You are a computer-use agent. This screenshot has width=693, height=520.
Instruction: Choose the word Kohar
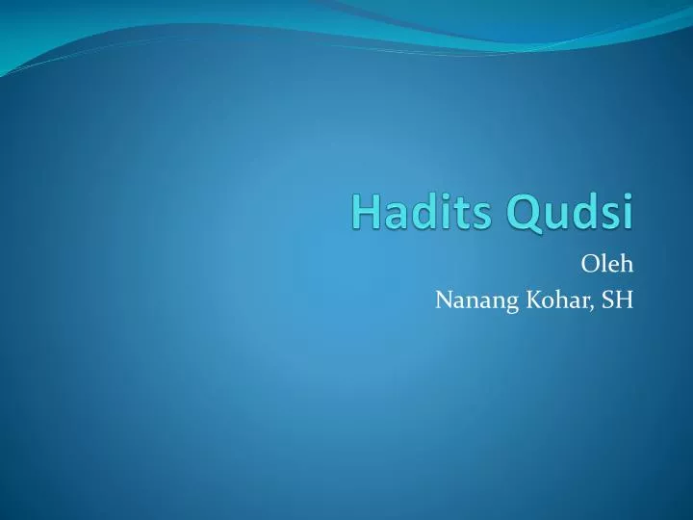pos(550,300)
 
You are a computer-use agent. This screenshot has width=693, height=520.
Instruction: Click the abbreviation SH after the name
pos(617,300)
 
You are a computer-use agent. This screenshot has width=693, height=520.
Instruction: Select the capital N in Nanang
pos(443,300)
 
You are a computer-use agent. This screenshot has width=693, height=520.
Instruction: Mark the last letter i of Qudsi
pos(628,212)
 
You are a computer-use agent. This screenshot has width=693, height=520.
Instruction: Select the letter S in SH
pos(607,300)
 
